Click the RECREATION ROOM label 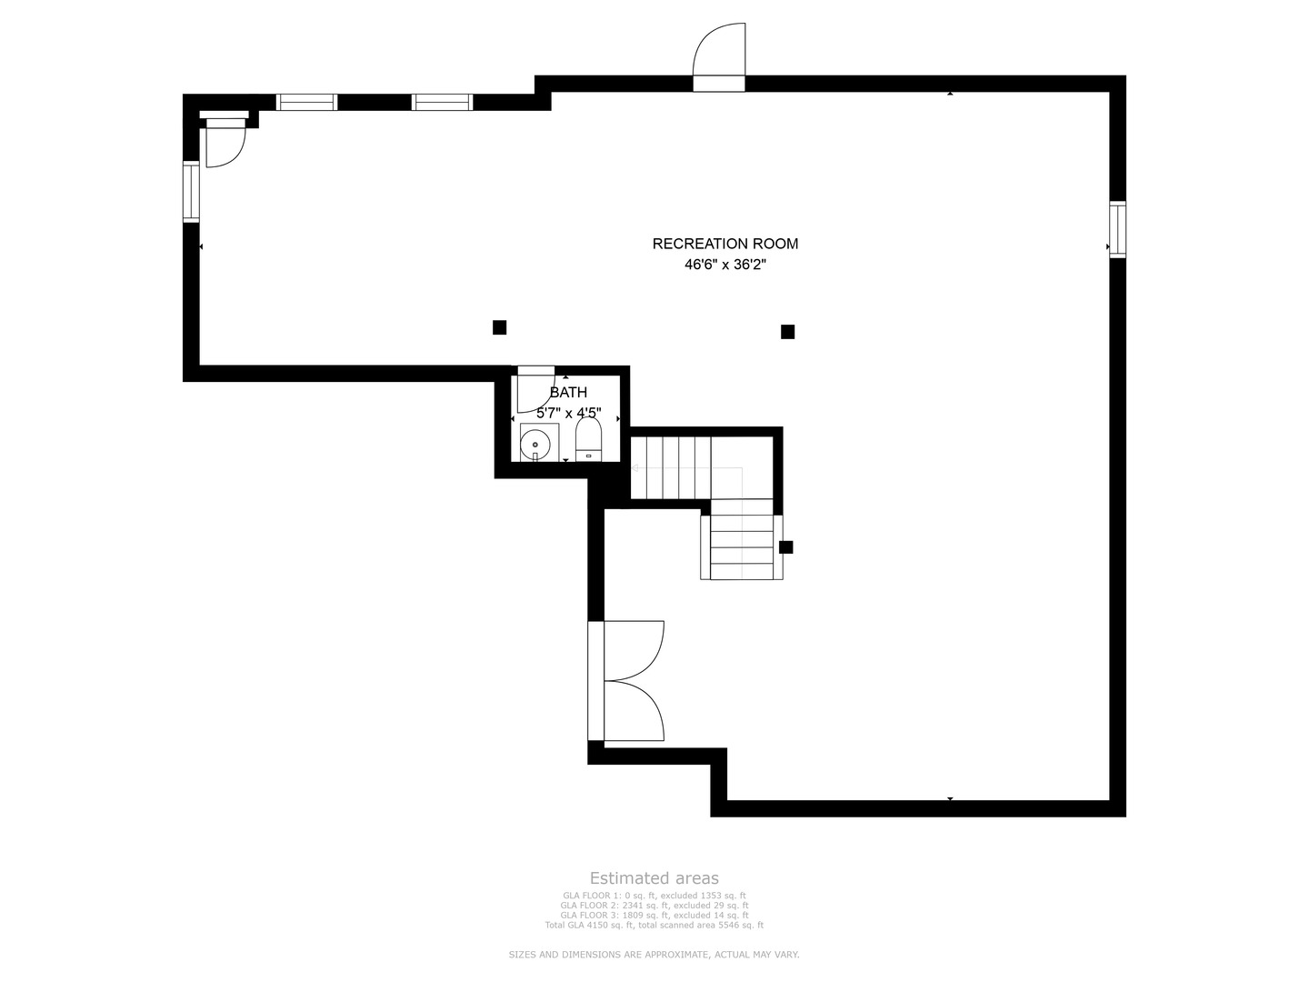725,244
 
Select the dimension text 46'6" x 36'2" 725,266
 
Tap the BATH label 568,393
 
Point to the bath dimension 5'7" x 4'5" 568,413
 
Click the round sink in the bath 535,445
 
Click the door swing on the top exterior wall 719,55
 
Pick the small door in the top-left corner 224,144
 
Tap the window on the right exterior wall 1117,229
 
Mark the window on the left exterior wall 191,191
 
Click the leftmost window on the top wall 306,102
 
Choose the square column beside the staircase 786,547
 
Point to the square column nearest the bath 499,327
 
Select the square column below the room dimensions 787,332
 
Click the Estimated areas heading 654,878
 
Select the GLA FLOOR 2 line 654,906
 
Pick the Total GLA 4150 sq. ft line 654,926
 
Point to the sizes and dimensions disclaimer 654,955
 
